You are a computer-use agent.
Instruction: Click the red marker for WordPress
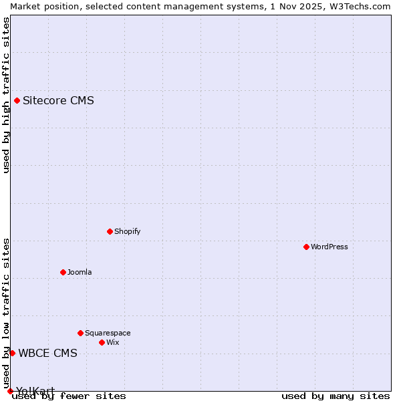pos(306,247)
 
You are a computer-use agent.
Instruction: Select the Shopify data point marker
pos(110,231)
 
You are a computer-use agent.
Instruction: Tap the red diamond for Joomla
pos(63,272)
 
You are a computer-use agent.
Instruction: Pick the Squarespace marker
pos(80,333)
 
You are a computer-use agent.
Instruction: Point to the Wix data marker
pos(102,342)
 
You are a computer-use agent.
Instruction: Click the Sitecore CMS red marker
pos(17,101)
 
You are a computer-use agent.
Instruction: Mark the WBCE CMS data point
pos(12,353)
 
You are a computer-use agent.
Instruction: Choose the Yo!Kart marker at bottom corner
pos(10,391)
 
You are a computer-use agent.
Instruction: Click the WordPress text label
pos(329,247)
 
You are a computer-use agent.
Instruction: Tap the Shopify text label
pos(127,231)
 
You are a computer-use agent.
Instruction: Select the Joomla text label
pos(80,272)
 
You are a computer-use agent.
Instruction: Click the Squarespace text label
pos(108,333)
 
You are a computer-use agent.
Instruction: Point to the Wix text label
pos(113,342)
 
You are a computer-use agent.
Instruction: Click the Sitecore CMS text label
pos(58,101)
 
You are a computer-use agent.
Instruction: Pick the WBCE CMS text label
pos(47,353)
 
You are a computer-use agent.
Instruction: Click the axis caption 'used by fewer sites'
pos(69,396)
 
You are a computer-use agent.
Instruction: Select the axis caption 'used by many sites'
pos(336,396)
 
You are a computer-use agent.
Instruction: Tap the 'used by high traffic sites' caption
pos(6,95)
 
